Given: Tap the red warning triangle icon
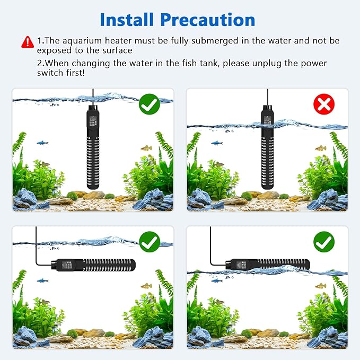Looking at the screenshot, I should [27, 41].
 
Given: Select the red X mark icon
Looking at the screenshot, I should [323, 104].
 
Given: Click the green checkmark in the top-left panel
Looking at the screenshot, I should [149, 104].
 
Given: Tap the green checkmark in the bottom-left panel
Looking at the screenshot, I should [149, 242].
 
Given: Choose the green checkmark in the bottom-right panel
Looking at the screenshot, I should [323, 242].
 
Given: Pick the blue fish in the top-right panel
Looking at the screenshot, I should [216, 143].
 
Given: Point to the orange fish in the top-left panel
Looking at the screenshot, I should [146, 148].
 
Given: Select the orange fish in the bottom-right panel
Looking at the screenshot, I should [320, 286].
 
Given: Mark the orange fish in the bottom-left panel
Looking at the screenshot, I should [146, 286].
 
